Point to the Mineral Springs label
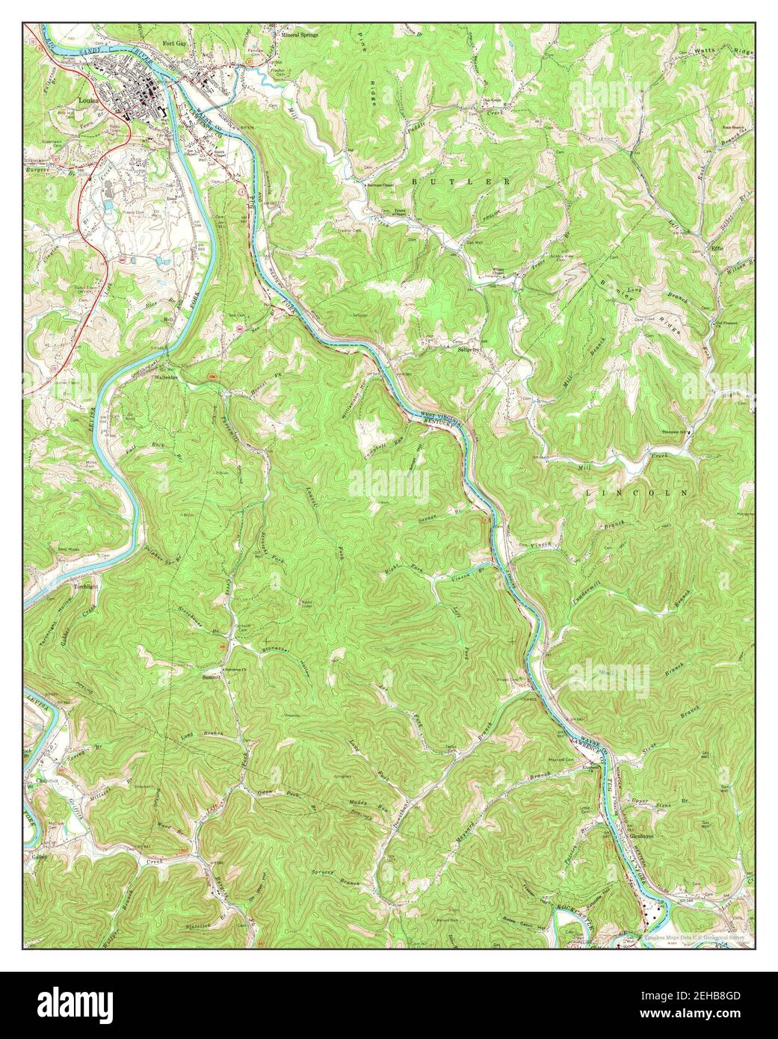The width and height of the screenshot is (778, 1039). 299,34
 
